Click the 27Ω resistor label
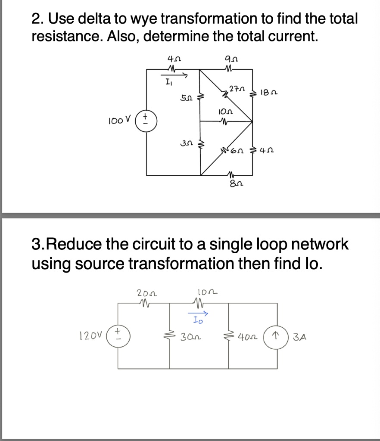pyautogui.click(x=237, y=90)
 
